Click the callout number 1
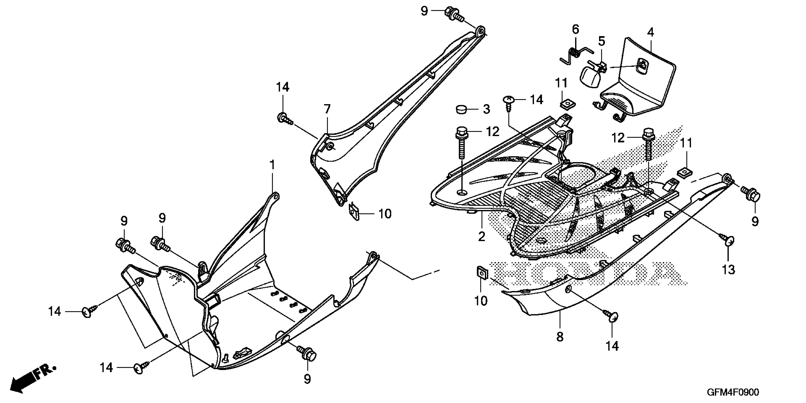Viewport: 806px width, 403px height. click(x=272, y=165)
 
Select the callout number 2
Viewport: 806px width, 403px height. click(x=482, y=236)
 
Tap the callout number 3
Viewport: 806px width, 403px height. click(x=486, y=109)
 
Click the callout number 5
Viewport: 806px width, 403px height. click(x=602, y=41)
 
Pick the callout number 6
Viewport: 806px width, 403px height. click(x=575, y=29)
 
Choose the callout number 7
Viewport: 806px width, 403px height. click(x=327, y=109)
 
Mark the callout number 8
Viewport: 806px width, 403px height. click(x=560, y=337)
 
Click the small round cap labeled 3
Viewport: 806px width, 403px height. click(x=460, y=110)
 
